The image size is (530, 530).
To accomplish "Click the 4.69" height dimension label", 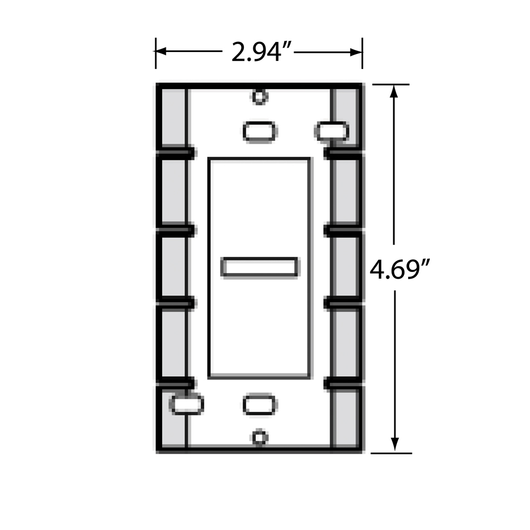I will (399, 269).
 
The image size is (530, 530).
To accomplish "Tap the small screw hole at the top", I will (259, 96).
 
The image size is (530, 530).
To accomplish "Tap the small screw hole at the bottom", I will (260, 437).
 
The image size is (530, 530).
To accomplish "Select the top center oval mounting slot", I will (260, 131).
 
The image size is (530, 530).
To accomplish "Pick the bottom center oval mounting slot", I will (260, 404).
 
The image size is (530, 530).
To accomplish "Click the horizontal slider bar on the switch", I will (260, 267).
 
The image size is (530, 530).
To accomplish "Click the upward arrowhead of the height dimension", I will (394, 92).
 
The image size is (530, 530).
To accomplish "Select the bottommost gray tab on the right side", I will (346, 419).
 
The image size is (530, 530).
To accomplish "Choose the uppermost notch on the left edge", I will (175, 153).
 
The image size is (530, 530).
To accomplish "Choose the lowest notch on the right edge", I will (343, 382).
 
